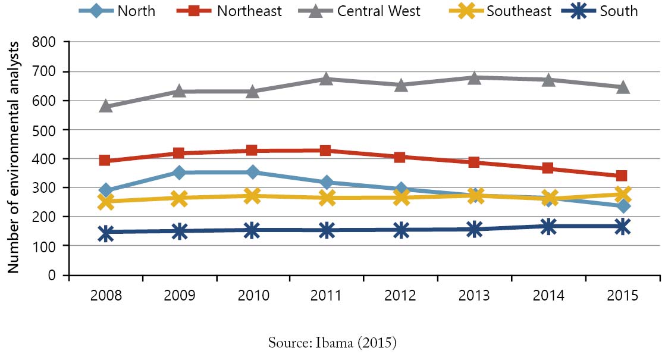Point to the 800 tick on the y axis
(44, 42)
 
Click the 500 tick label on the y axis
(44, 130)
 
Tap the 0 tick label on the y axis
(52, 276)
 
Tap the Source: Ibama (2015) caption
(332, 343)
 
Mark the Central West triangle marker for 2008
(106, 106)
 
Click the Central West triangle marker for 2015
(623, 87)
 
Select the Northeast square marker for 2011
(325, 151)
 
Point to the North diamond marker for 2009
(180, 173)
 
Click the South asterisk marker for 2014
(549, 226)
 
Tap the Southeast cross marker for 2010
(252, 196)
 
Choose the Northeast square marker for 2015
(623, 176)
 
